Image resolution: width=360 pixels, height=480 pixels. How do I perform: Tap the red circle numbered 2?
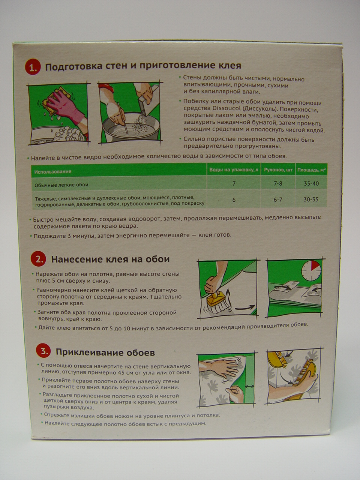pyautogui.click(x=39, y=259)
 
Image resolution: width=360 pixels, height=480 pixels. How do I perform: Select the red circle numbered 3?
pyautogui.click(x=43, y=352)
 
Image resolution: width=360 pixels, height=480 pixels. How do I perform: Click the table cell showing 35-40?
pyautogui.click(x=311, y=183)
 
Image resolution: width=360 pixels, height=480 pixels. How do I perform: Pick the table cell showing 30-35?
pyautogui.click(x=311, y=199)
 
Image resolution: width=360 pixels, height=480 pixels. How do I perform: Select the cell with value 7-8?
pyautogui.click(x=278, y=183)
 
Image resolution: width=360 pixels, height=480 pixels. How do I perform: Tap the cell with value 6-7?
pyautogui.click(x=278, y=199)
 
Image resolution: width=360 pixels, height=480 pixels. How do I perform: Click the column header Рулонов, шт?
pyautogui.click(x=278, y=170)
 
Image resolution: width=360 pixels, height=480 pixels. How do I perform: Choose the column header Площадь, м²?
pyautogui.click(x=310, y=170)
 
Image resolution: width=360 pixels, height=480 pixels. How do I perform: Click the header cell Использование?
pyautogui.click(x=52, y=171)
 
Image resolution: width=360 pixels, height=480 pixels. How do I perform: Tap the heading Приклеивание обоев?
pyautogui.click(x=105, y=352)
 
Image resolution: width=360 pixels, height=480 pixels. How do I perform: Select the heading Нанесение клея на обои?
pyautogui.click(x=110, y=259)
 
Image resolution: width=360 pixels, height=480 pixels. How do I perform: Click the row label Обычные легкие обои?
pyautogui.click(x=61, y=185)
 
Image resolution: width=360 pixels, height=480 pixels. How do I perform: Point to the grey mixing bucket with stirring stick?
pyautogui.click(x=130, y=126)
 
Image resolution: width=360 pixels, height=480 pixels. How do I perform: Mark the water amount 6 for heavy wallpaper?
pyautogui.click(x=234, y=200)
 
